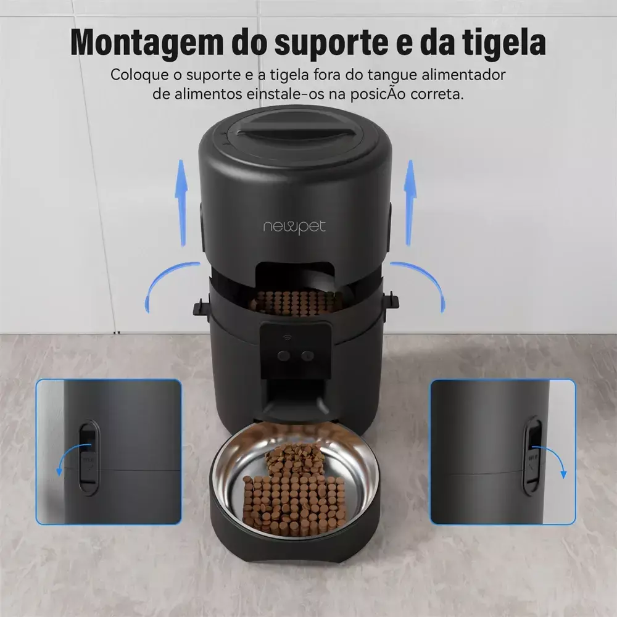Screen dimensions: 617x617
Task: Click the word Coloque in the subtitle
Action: (141, 75)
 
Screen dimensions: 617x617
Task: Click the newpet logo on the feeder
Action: (294, 227)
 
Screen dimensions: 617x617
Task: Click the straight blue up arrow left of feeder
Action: (181, 203)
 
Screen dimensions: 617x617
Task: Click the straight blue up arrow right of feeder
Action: (410, 203)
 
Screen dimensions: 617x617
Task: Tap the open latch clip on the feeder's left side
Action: (202, 306)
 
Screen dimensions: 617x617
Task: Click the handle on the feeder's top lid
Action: (294, 131)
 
